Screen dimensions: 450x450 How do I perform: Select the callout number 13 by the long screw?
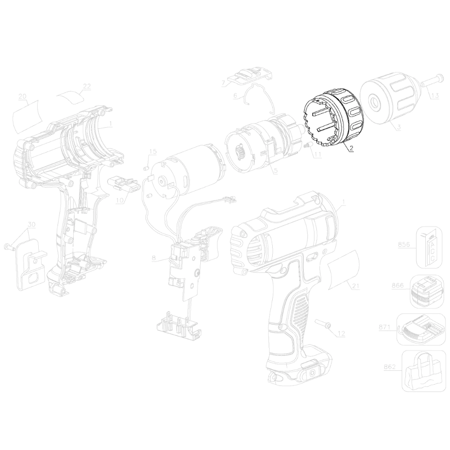[x=435, y=95]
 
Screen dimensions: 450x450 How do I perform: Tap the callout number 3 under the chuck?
[x=399, y=126]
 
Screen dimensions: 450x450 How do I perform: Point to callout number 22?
[x=86, y=86]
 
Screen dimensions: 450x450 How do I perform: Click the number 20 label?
[x=22, y=96]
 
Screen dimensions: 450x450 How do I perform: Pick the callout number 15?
[x=153, y=151]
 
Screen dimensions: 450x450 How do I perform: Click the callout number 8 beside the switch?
[x=154, y=258]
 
